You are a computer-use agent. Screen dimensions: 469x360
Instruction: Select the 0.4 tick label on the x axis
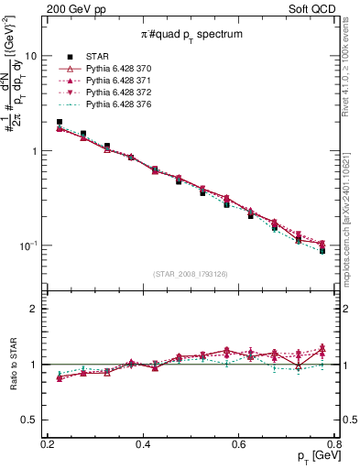point(142,442)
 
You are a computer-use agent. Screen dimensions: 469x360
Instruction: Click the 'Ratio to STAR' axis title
point(10,365)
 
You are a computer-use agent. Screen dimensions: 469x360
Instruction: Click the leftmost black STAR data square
point(60,122)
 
